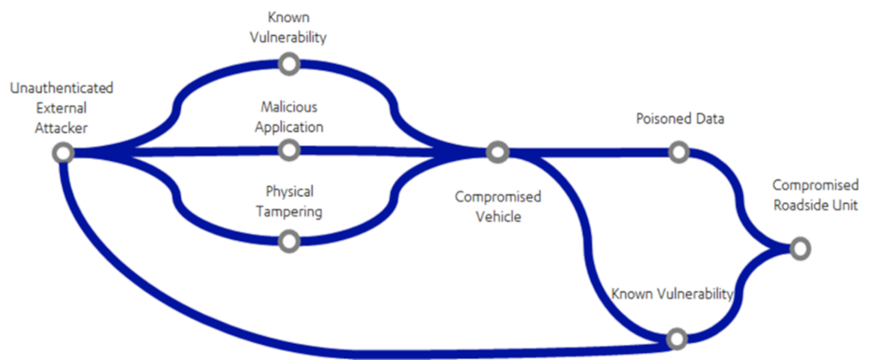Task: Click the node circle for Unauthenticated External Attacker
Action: pyautogui.click(x=62, y=153)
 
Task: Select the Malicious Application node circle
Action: pyautogui.click(x=289, y=151)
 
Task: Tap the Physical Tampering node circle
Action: pyautogui.click(x=289, y=242)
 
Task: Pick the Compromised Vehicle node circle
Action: pyautogui.click(x=497, y=153)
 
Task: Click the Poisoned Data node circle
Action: pyautogui.click(x=678, y=153)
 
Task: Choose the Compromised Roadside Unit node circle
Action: pyautogui.click(x=799, y=249)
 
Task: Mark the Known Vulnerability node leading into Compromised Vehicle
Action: pyautogui.click(x=289, y=63)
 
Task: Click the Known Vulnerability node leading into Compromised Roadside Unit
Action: pyautogui.click(x=677, y=338)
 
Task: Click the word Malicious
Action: pyautogui.click(x=289, y=108)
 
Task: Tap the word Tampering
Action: pyautogui.click(x=289, y=211)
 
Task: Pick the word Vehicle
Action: pyautogui.click(x=498, y=216)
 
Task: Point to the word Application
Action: pyautogui.click(x=289, y=127)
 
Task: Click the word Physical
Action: pyautogui.click(x=289, y=191)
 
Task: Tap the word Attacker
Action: pyautogui.click(x=61, y=127)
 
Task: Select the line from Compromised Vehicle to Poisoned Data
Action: pyautogui.click(x=592, y=153)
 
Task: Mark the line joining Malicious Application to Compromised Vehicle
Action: pyautogui.click(x=394, y=152)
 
